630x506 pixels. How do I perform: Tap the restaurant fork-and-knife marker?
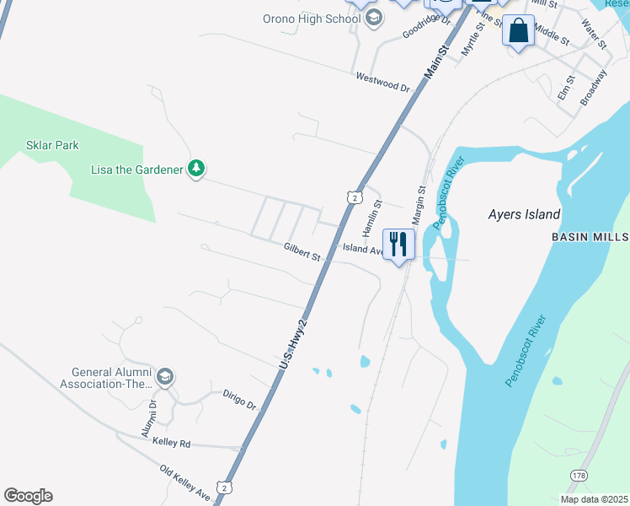click(398, 244)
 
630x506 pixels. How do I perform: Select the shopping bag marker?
click(518, 31)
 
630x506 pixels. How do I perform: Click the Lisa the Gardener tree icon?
click(196, 169)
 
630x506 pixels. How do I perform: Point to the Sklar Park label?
click(55, 145)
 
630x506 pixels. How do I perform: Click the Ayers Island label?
click(524, 214)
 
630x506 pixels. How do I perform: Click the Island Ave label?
click(363, 249)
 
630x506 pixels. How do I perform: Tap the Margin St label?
click(418, 205)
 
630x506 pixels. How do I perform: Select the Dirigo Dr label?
click(239, 399)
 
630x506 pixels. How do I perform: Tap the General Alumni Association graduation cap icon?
click(165, 376)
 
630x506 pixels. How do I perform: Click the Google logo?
click(28, 496)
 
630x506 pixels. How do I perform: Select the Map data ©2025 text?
click(594, 499)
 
